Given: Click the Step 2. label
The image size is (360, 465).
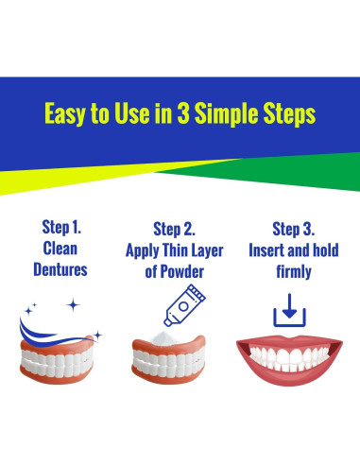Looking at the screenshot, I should coord(180,228).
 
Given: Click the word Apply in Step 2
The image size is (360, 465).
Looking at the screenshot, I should coord(146,250).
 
